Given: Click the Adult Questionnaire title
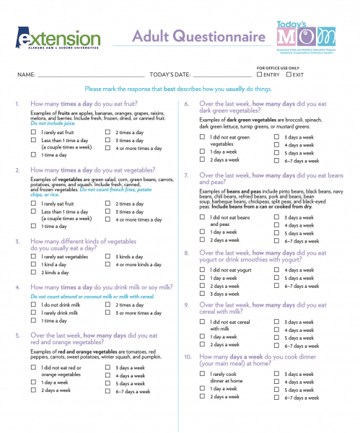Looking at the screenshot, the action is [186, 38].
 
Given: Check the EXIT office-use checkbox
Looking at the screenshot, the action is [289, 74].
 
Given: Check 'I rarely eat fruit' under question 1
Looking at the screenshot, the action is [34, 133].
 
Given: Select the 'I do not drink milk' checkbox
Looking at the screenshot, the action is [34, 305].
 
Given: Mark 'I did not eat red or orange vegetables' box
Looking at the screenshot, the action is [34, 367].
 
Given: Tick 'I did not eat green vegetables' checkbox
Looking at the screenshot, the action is [203, 136].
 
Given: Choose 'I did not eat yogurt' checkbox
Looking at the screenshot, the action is [203, 270].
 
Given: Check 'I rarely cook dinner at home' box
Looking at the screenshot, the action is [203, 374].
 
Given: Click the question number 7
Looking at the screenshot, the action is [186, 175].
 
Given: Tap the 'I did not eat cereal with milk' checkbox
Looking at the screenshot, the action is [203, 322].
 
